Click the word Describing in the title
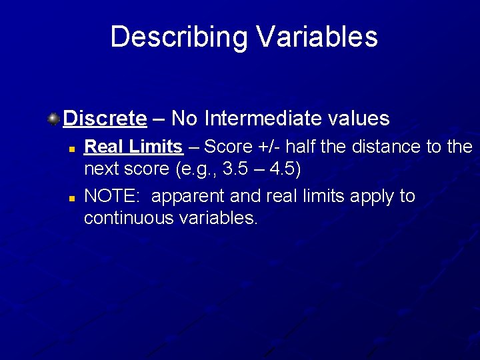click(177, 37)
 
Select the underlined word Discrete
click(105, 119)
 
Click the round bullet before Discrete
click(53, 119)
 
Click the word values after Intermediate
click(359, 119)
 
